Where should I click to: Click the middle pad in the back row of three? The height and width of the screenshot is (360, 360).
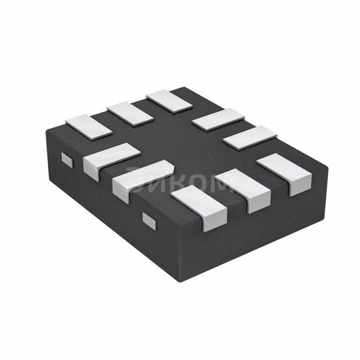(130, 113)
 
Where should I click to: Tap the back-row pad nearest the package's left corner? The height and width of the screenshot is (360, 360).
(89, 126)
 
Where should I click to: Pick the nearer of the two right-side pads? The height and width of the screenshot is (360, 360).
(250, 137)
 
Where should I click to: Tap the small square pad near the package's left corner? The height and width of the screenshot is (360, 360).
(67, 160)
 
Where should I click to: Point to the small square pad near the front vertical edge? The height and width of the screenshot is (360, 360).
(149, 219)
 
